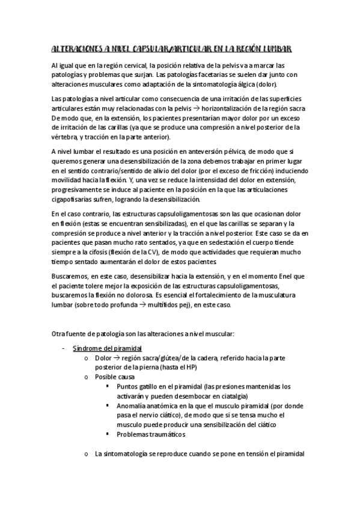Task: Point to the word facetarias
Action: (x=194, y=75)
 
